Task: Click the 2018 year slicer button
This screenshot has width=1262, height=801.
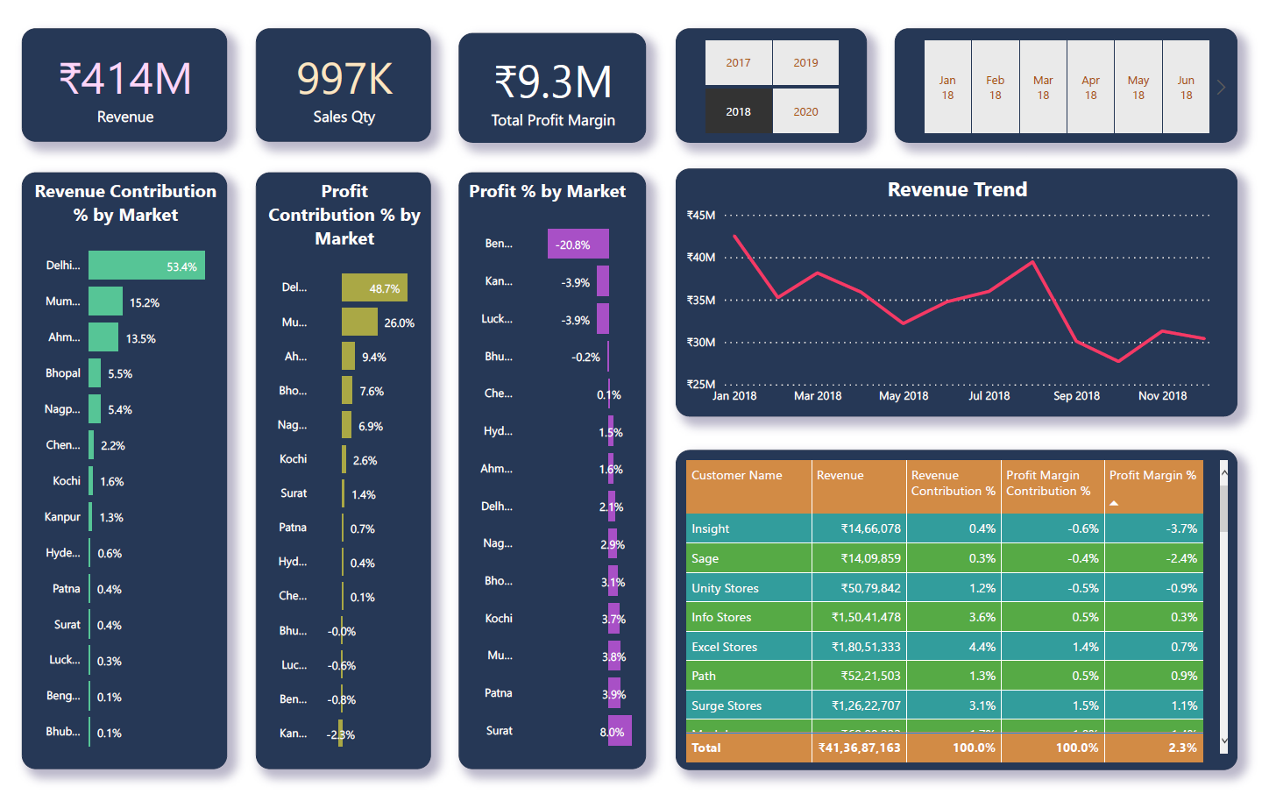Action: [738, 111]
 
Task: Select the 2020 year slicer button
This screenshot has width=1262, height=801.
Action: [805, 111]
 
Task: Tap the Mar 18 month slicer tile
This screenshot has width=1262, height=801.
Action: [1043, 87]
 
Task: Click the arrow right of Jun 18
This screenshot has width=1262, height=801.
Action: [1221, 87]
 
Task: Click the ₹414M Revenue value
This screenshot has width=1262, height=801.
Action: [124, 79]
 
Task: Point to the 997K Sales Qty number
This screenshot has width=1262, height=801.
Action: [344, 79]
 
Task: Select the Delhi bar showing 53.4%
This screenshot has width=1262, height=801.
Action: [146, 266]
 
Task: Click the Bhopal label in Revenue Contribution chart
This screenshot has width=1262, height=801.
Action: [63, 373]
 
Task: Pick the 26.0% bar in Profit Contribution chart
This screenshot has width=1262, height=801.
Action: [359, 323]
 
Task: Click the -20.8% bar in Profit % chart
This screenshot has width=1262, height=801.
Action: [578, 245]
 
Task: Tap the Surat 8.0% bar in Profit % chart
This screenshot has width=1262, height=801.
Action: [620, 732]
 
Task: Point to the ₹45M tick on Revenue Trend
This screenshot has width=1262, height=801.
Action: [701, 216]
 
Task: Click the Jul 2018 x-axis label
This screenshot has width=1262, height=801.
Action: [989, 396]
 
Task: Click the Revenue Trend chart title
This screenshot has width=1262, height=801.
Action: [957, 189]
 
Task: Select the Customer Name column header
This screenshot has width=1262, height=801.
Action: [737, 476]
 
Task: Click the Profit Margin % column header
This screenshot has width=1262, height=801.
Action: [1152, 476]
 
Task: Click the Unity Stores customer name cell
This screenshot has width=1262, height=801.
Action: [725, 588]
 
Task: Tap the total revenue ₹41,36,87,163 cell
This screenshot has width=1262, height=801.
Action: [859, 748]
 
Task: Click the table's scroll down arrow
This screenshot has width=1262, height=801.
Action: [1223, 741]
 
